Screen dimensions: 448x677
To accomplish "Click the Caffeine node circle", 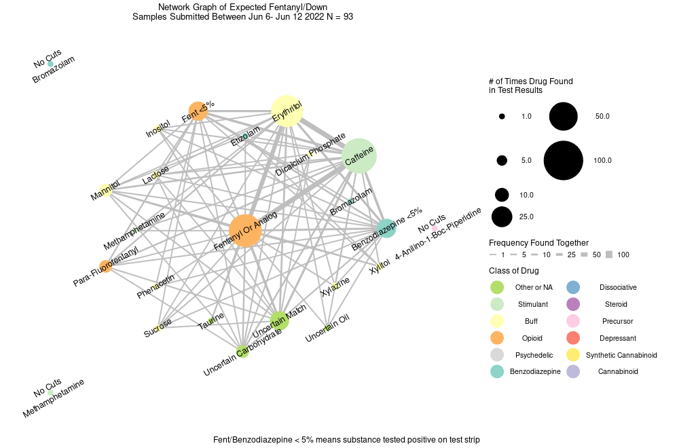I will pyautogui.click(x=359, y=155).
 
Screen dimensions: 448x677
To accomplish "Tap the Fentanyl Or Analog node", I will pyautogui.click(x=246, y=231).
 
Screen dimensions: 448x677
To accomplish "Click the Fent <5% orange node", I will pyautogui.click(x=198, y=111).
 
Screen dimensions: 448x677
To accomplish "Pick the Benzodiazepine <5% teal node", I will pyautogui.click(x=386, y=229).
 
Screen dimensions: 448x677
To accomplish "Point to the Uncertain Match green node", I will pyautogui.click(x=279, y=320).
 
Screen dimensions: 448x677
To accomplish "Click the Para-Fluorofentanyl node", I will pyautogui.click(x=105, y=267).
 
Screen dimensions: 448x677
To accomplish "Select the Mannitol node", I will pyautogui.click(x=105, y=191).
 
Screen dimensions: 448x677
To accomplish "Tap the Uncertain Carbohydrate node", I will pyautogui.click(x=242, y=351).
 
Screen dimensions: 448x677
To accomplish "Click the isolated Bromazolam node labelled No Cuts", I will pyautogui.click(x=50, y=64).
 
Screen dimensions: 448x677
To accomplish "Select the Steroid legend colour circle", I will pyautogui.click(x=572, y=304).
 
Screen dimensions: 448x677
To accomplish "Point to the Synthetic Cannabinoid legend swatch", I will pyautogui.click(x=572, y=355).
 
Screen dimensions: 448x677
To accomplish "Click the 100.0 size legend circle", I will pyautogui.click(x=564, y=160).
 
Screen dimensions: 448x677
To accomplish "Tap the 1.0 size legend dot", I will pyautogui.click(x=502, y=117).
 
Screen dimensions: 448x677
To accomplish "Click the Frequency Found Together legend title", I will pyautogui.click(x=538, y=243).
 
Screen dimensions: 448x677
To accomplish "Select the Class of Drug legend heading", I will pyautogui.click(x=514, y=271).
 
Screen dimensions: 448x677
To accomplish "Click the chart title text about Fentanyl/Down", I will pyautogui.click(x=242, y=12).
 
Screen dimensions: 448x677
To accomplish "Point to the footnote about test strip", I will pyautogui.click(x=346, y=440).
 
